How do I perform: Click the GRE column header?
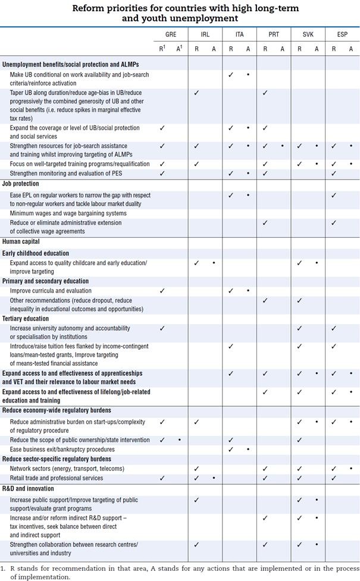171,34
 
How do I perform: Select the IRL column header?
205,34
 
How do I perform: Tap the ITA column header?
239,34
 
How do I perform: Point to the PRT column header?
274,34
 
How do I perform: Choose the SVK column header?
308,34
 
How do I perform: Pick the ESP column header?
342,34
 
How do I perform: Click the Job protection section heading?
21,184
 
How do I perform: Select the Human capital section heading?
21,241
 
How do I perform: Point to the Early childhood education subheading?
36,253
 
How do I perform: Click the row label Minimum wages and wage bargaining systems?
68,213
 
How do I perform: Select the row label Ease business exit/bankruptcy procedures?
62,450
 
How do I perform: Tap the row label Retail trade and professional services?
57,478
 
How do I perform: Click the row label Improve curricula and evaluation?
51,291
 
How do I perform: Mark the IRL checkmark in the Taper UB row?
196,93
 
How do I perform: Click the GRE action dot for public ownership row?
179,440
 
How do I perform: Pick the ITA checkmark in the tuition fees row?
231,346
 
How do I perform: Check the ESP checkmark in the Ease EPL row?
334,195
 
